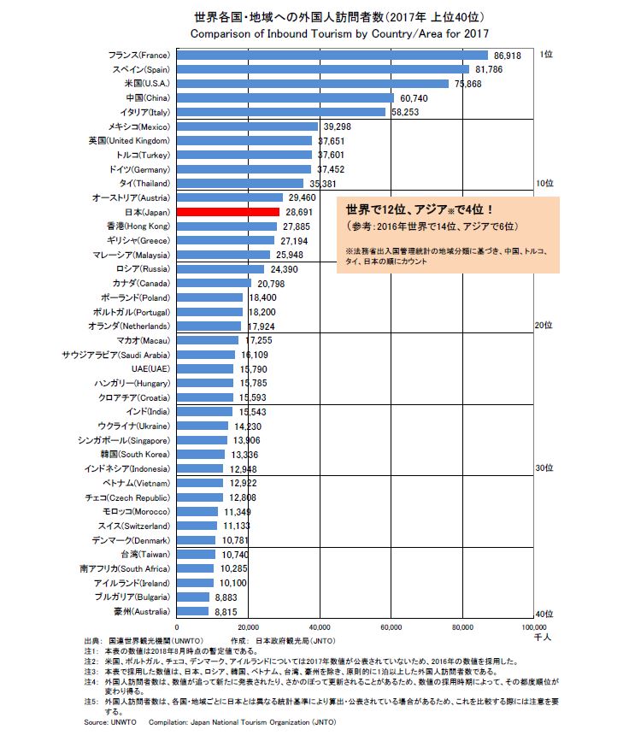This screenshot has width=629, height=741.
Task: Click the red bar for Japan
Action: (x=228, y=211)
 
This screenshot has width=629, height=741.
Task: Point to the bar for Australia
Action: (x=192, y=611)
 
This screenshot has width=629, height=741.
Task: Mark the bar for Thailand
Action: (x=240, y=183)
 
